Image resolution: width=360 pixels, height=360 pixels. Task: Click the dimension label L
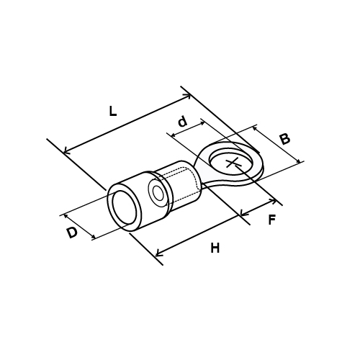pos(113,112)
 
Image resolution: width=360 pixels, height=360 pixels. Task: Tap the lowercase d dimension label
pos(183,121)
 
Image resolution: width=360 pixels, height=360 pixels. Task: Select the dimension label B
pos(285,139)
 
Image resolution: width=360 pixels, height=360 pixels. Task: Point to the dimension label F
pos(271,220)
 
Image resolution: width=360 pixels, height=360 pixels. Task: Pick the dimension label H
pos(215,248)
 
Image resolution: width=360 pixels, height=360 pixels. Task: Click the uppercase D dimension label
pos(72,233)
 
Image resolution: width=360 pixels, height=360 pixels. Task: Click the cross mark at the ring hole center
pos(233,163)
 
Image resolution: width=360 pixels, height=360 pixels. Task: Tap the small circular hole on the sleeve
pos(158,193)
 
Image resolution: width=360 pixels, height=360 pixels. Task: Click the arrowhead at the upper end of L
pos(189,96)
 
